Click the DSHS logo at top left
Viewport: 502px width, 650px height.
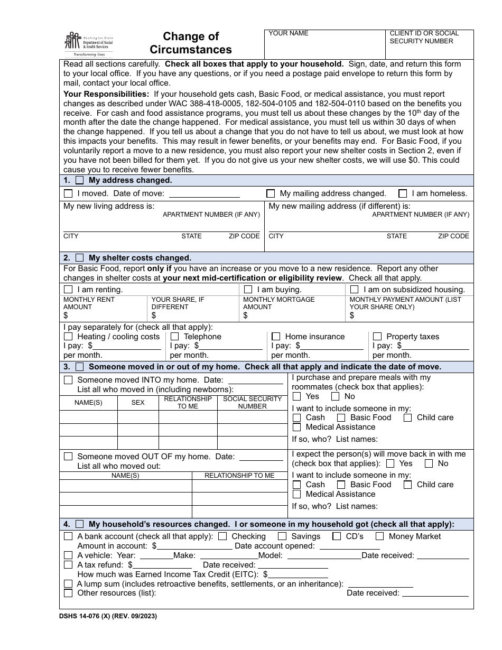coord(88,44)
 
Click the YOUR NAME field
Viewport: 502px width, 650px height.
coord(324,45)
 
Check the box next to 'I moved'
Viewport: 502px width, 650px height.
coord(68,193)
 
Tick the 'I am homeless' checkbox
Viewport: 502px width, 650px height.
coord(403,193)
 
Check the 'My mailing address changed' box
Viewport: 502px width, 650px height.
coord(271,193)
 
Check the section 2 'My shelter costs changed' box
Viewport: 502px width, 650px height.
coord(80,258)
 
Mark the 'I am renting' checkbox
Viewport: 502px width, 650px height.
coord(68,290)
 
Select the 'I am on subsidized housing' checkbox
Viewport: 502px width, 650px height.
coord(354,290)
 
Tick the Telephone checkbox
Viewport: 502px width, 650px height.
coord(175,337)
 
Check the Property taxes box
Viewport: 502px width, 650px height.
coord(377,337)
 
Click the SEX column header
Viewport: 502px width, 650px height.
coord(138,403)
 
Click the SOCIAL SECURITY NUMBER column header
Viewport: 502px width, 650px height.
coord(252,403)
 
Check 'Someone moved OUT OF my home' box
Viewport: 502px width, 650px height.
coord(68,457)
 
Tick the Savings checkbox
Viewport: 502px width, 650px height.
coord(282,536)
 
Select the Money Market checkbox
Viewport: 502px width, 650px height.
coord(379,536)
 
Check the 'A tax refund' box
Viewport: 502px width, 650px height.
coord(68,565)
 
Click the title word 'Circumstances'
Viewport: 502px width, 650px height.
coord(191,50)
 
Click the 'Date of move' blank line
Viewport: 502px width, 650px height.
coord(204,194)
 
